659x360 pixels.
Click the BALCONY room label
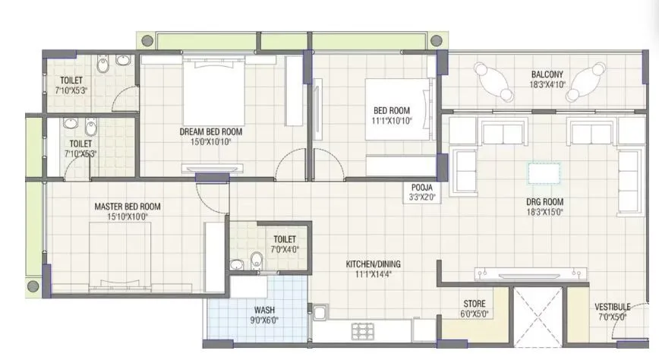(x=547, y=74)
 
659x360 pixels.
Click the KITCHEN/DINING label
(x=373, y=264)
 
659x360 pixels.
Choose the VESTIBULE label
(x=612, y=307)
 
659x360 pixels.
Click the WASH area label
(x=264, y=310)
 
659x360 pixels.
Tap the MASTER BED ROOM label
(x=127, y=207)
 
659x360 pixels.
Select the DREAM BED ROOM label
(x=205, y=131)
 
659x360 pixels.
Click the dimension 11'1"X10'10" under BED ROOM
(x=391, y=121)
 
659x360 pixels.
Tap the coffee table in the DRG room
(x=544, y=173)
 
